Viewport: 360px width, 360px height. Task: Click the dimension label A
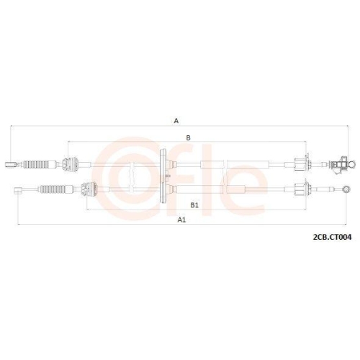176,121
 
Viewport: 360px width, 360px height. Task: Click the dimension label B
188,136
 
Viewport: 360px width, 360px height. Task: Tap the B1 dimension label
184,205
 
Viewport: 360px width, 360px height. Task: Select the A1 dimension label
182,220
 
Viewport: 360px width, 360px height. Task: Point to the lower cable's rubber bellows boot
54,190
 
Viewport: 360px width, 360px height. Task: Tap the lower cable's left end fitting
19,190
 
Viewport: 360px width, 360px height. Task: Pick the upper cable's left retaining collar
70,165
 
